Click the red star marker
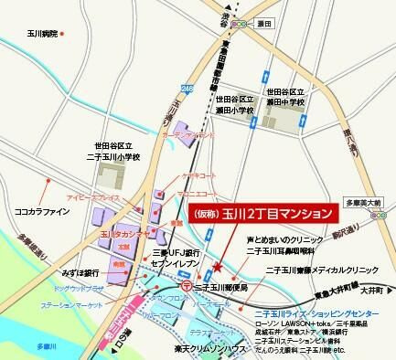(x=217, y=268)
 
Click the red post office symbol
(x=187, y=285)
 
